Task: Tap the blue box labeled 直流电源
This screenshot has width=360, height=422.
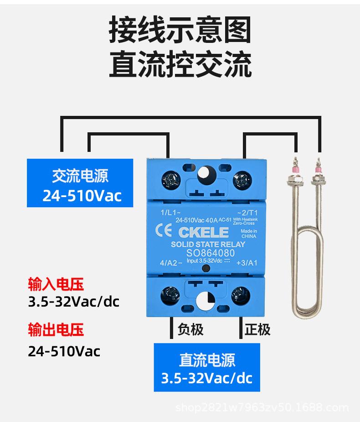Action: pyautogui.click(x=207, y=367)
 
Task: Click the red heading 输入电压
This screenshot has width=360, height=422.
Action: pyautogui.click(x=56, y=285)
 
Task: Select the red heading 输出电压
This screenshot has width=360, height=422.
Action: pyautogui.click(x=56, y=330)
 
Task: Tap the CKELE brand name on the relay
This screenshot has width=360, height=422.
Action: pyautogui.click(x=203, y=232)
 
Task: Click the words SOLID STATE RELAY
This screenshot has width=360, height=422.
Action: pyautogui.click(x=208, y=244)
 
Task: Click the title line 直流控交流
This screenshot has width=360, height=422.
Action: pyautogui.click(x=180, y=65)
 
